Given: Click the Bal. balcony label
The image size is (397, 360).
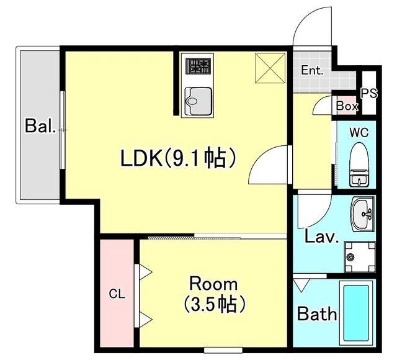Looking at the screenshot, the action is point(40,125).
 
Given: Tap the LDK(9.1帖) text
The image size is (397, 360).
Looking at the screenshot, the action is point(179,158).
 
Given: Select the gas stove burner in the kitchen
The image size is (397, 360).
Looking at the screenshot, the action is point(198,66).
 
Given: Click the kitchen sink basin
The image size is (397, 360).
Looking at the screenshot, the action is point(198,101).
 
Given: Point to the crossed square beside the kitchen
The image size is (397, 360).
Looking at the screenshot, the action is point(270,68).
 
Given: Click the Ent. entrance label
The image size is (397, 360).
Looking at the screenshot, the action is point(312,70).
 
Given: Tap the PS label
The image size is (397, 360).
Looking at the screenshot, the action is point(369,93).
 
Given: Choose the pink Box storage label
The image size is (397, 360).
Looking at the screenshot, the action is point(347,106).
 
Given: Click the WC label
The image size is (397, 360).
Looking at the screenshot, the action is point(359,132).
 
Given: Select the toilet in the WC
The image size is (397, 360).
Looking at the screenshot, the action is point(359,165).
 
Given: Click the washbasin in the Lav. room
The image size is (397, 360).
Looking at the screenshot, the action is point(362,214).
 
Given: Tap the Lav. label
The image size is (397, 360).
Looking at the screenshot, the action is point(321,236).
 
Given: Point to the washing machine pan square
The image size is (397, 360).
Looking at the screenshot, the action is point(360,257).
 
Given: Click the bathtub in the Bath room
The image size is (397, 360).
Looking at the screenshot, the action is point(356,313).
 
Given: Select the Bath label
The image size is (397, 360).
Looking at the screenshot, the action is point(317,313).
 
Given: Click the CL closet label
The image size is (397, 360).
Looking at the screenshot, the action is point(117,294).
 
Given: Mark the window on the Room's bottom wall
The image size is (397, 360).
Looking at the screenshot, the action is point(223,350).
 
